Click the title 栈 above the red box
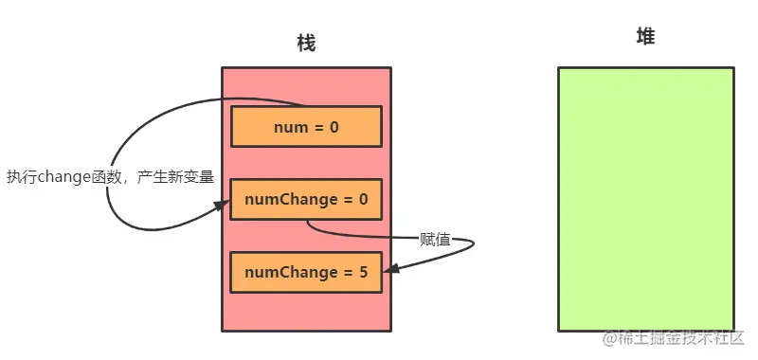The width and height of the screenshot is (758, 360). point(305,44)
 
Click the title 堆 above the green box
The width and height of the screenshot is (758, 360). point(645,37)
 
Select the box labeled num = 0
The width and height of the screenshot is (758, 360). point(305,126)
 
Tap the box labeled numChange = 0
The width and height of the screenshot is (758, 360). point(305,199)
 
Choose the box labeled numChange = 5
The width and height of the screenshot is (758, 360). point(305,272)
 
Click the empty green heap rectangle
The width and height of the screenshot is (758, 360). point(645,199)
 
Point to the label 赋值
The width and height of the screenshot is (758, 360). point(435,239)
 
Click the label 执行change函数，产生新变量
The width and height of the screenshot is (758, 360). point(110,176)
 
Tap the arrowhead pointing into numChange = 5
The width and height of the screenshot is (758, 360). point(388,270)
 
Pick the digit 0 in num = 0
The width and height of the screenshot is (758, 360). point(334,126)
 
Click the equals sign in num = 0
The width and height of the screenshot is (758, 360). point(317,126)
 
